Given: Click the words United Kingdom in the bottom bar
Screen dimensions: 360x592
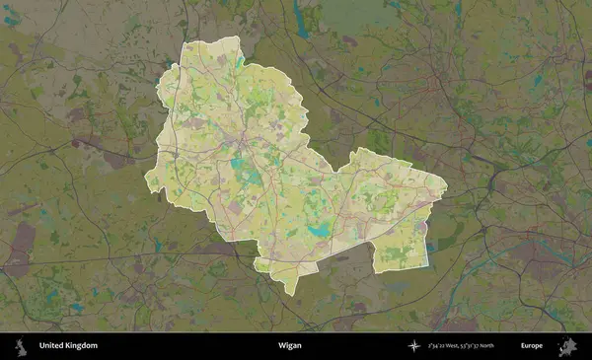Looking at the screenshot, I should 68,346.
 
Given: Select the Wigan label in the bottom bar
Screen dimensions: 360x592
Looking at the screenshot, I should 290,346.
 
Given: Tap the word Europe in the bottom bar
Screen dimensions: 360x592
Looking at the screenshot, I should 533,346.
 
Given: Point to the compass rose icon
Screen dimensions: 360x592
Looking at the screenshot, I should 414,346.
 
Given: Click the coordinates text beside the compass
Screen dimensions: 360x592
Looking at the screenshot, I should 462,346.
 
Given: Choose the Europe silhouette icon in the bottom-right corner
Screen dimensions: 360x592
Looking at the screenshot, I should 569,346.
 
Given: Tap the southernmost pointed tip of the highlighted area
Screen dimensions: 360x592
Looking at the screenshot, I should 293,293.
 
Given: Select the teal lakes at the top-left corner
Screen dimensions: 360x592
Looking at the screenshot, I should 12,18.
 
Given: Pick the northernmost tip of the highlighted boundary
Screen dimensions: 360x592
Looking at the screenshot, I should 238,36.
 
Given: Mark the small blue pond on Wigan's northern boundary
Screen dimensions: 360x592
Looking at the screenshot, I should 240,61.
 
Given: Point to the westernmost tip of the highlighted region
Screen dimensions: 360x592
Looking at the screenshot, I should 146,180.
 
